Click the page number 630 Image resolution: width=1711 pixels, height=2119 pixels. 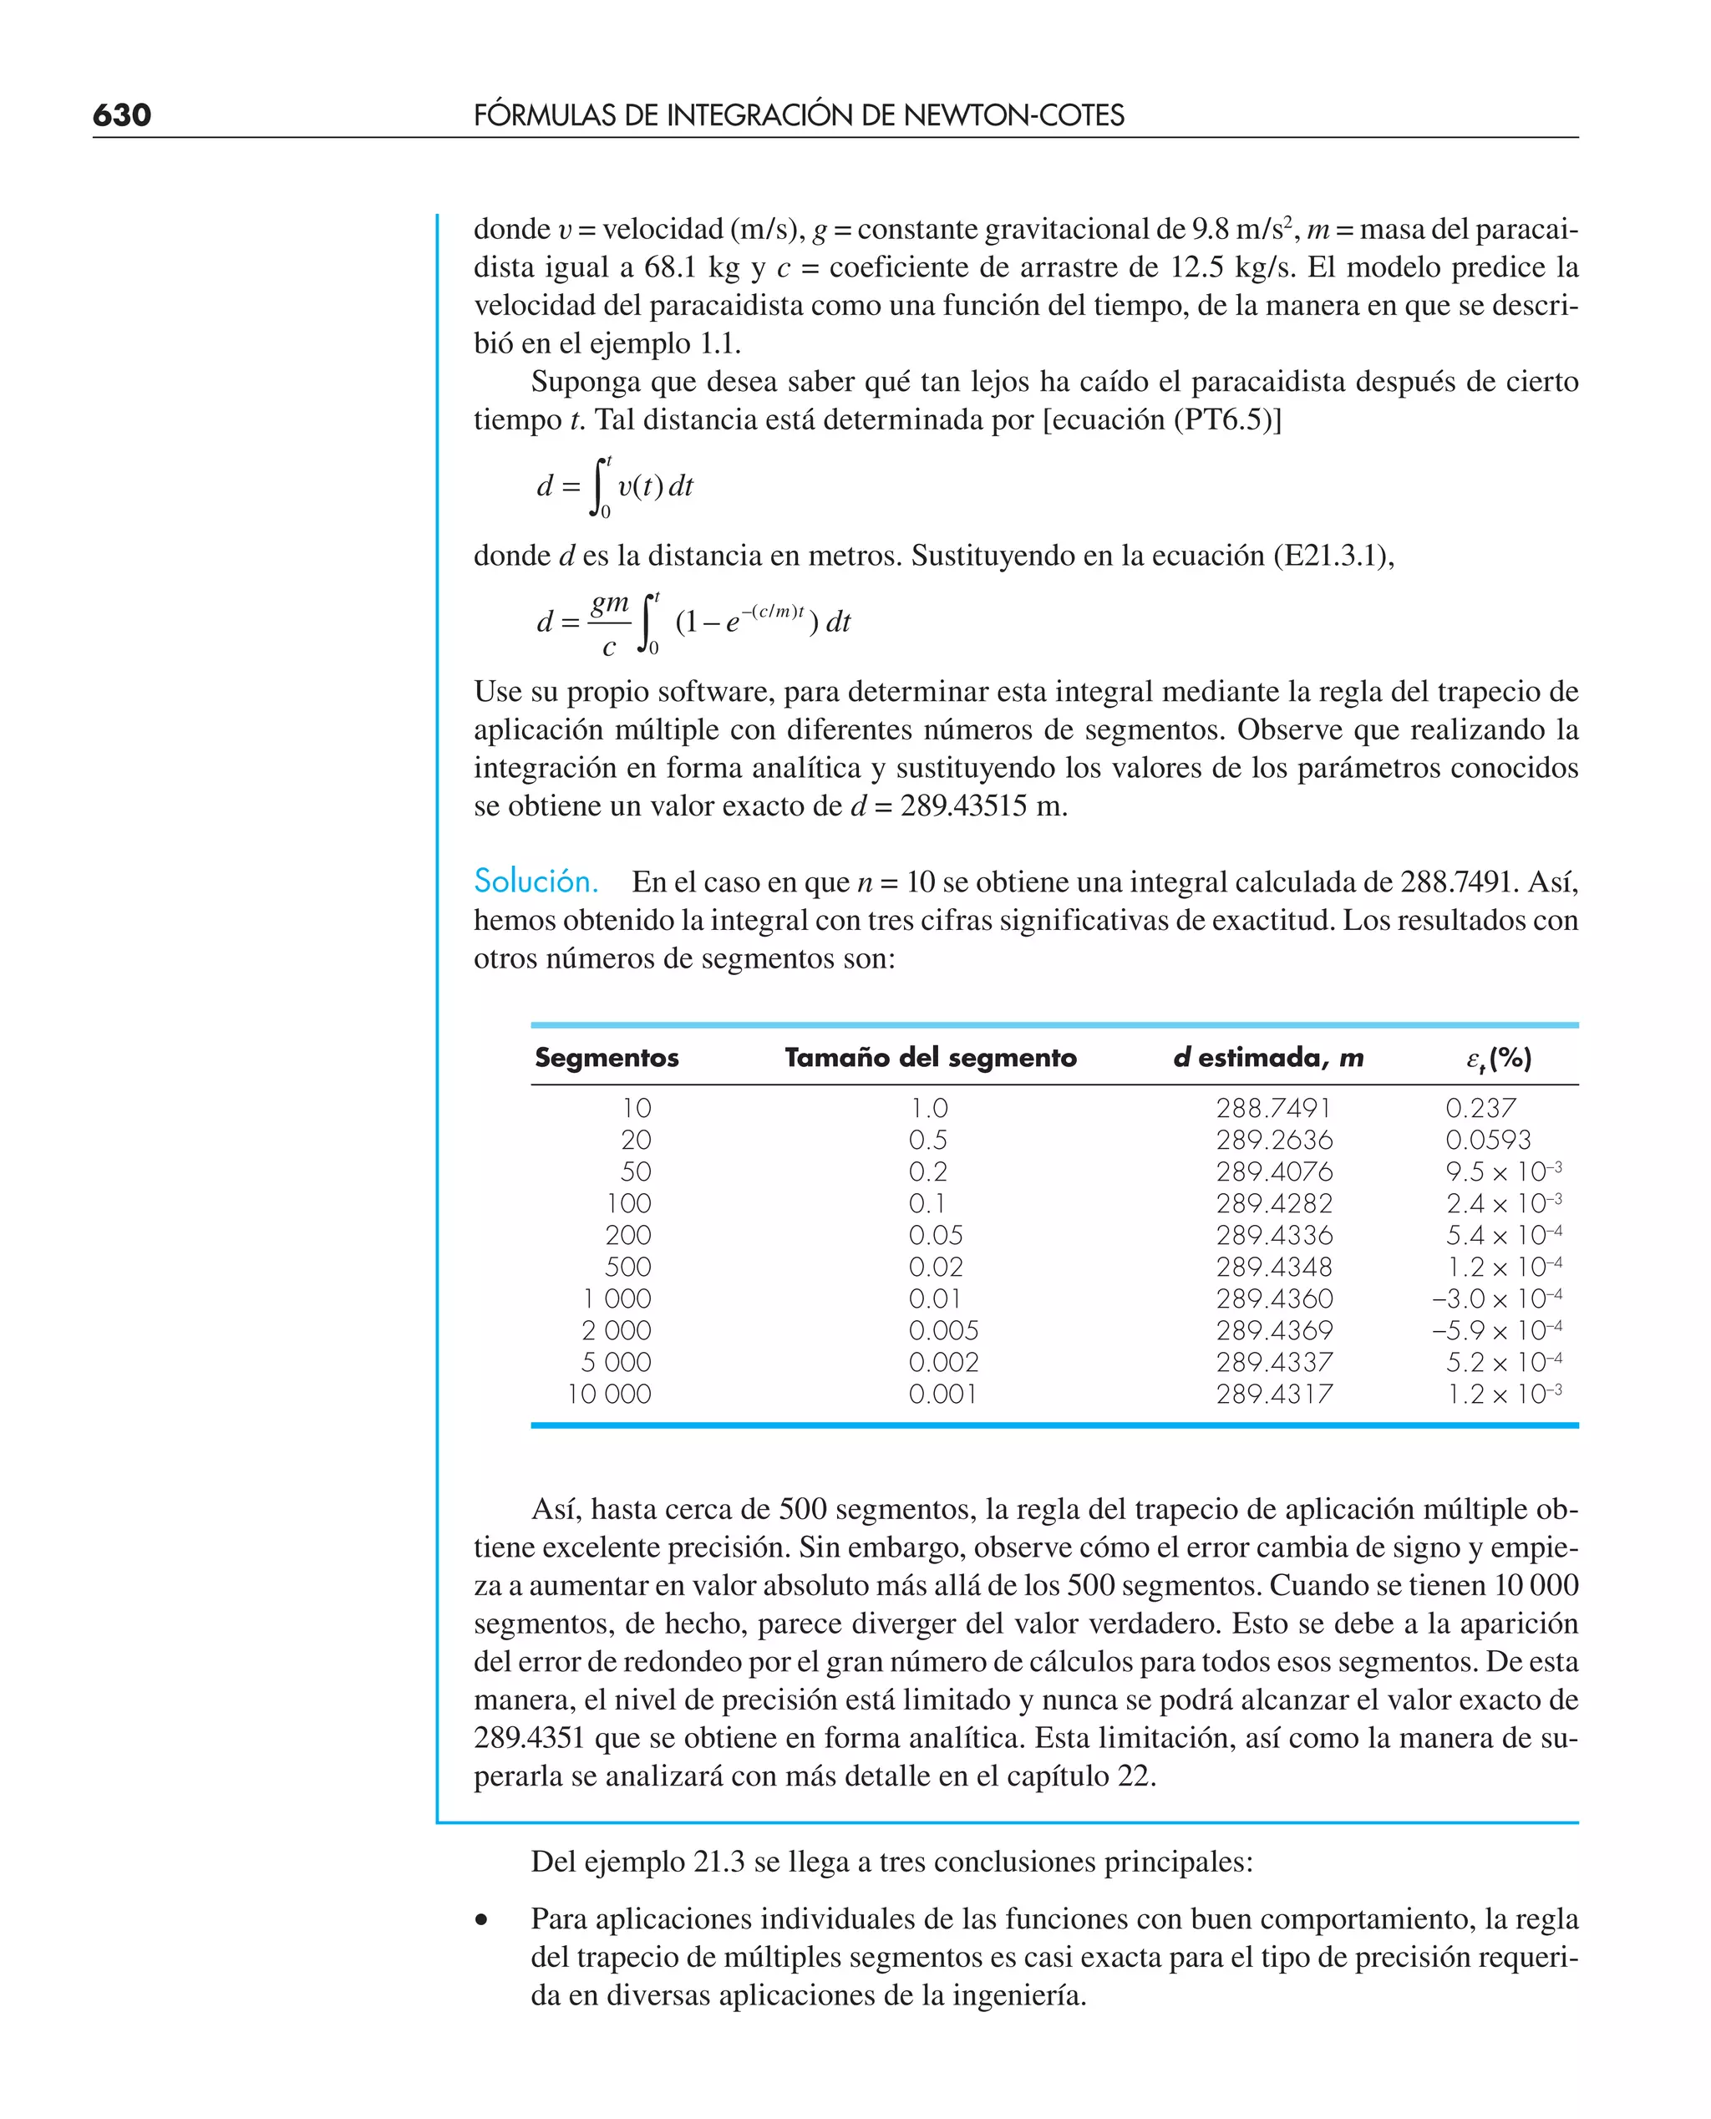pyautogui.click(x=122, y=115)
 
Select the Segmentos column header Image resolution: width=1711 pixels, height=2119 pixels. pyautogui.click(x=607, y=1058)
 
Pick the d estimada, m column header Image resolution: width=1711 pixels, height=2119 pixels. pyautogui.click(x=1267, y=1058)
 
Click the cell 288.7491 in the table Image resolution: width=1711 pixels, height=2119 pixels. pyautogui.click(x=1272, y=1108)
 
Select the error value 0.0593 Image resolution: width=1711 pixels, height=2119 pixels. pyautogui.click(x=1487, y=1140)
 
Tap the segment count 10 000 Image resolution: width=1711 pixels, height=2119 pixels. pyautogui.click(x=609, y=1394)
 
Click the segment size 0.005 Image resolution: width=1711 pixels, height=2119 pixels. pyautogui.click(x=943, y=1330)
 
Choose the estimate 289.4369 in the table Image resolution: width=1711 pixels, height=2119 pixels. pyautogui.click(x=1273, y=1330)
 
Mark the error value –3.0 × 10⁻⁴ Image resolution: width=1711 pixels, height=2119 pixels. pyautogui.click(x=1496, y=1299)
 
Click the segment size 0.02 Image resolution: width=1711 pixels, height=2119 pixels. pyautogui.click(x=936, y=1267)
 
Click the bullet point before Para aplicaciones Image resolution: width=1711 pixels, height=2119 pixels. pyautogui.click(x=481, y=1920)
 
